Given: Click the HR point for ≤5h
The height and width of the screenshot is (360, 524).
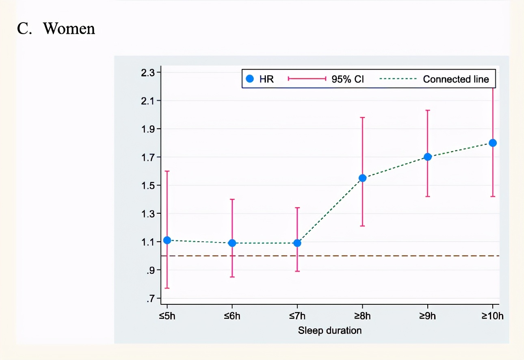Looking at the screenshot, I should point(167,240).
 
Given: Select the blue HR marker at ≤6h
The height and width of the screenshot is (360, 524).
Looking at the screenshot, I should point(232,243).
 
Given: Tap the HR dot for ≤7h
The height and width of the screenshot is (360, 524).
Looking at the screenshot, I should point(297,243).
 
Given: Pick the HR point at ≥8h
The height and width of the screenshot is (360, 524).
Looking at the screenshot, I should point(362,178).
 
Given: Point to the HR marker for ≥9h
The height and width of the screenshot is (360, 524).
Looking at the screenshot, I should point(427,157).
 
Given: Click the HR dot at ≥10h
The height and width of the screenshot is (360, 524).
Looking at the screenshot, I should point(493,143).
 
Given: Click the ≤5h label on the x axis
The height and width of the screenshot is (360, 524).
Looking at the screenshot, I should point(167,316).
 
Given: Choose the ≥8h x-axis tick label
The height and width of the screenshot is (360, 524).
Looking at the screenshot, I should point(362,316).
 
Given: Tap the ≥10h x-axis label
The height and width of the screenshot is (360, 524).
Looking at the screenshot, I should point(492,316).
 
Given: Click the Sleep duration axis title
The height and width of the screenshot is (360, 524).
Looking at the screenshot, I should point(330,330).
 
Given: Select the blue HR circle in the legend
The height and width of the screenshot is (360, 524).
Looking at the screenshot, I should point(250,79).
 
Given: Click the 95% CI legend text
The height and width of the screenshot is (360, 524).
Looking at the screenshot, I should point(348,79).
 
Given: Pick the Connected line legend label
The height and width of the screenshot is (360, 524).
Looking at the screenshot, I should point(456,79).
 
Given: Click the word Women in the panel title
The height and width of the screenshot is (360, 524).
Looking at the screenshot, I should point(69,28).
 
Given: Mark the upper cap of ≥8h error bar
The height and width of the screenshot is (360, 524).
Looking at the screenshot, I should point(362,117).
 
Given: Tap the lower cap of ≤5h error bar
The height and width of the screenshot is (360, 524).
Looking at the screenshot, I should point(167,288).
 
